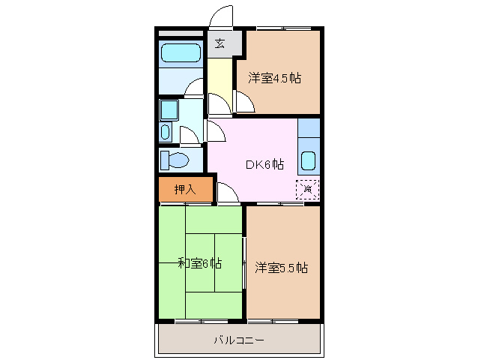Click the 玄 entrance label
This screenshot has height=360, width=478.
click(220, 43)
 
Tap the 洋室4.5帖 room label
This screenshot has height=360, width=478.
click(275, 78)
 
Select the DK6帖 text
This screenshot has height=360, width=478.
click(264, 164)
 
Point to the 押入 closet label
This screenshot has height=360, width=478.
click(185, 190)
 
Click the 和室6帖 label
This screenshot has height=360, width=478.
click(199, 263)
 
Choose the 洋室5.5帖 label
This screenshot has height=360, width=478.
click(281, 267)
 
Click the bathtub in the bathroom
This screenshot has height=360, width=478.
click(181, 53)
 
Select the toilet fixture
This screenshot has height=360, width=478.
click(175, 160)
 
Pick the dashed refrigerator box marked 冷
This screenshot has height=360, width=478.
click(308, 189)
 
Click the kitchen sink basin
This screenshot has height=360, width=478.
click(308, 160)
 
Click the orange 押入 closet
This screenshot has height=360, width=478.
click(185, 190)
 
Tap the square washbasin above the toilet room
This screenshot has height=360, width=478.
click(168, 111)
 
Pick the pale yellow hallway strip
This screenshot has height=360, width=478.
click(219, 82)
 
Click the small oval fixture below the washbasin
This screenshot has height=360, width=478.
click(166, 134)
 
